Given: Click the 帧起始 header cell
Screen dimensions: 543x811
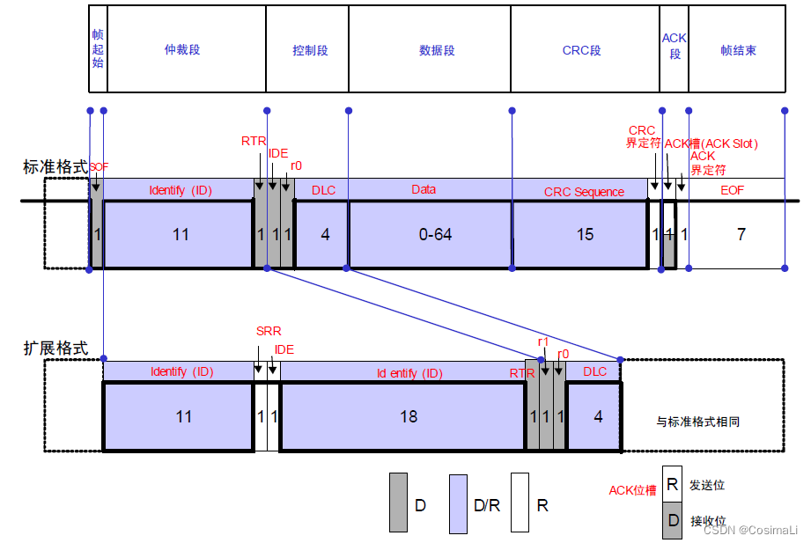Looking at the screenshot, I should (98, 48).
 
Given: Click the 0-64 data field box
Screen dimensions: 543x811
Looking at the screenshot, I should (430, 234).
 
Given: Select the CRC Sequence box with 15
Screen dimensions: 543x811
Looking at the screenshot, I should (584, 234).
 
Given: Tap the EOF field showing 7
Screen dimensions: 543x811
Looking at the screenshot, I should (741, 234).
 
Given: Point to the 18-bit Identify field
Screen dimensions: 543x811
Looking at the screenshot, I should (408, 416).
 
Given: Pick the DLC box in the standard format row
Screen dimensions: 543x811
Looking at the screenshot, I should (325, 234).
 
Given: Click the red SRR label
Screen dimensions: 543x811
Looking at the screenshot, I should (268, 331).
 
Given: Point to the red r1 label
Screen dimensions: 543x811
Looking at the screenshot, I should (543, 341).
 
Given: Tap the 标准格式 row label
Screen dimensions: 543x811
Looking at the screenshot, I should (55, 165).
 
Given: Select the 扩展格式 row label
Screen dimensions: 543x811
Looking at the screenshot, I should (55, 348).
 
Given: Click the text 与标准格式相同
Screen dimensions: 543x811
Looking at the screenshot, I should (698, 422).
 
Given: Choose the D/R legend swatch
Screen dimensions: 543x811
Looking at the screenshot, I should (458, 504).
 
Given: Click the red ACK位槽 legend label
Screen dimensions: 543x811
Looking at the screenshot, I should (632, 490).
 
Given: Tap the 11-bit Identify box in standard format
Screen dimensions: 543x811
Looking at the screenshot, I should (181, 234).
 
